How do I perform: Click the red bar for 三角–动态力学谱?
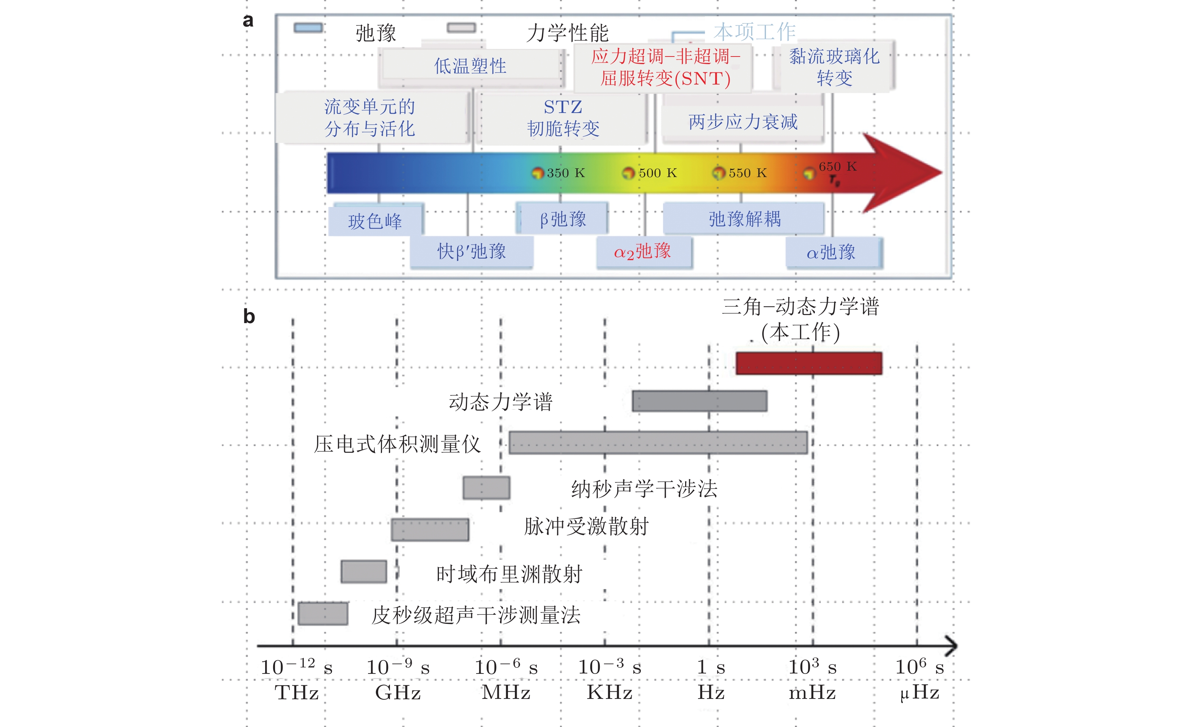click(x=808, y=363)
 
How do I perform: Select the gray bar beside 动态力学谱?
click(x=699, y=401)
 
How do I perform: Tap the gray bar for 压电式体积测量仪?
click(x=658, y=443)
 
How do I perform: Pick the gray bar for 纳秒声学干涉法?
click(x=486, y=488)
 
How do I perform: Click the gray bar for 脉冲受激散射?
click(x=430, y=529)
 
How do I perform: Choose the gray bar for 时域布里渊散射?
click(x=364, y=572)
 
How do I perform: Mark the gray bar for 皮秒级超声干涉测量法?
click(x=322, y=614)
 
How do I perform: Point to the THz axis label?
click(x=296, y=692)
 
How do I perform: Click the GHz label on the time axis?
click(x=398, y=692)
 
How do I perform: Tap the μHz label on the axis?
click(x=920, y=692)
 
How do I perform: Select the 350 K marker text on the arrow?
click(x=566, y=173)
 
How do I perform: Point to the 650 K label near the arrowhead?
click(x=837, y=166)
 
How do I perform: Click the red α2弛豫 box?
click(x=643, y=251)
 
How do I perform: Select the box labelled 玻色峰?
click(x=375, y=221)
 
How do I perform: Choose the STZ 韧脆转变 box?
click(x=563, y=118)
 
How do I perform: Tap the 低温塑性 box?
click(x=470, y=66)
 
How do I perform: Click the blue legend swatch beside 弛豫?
click(x=308, y=28)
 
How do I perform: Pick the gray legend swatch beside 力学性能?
click(x=461, y=28)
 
